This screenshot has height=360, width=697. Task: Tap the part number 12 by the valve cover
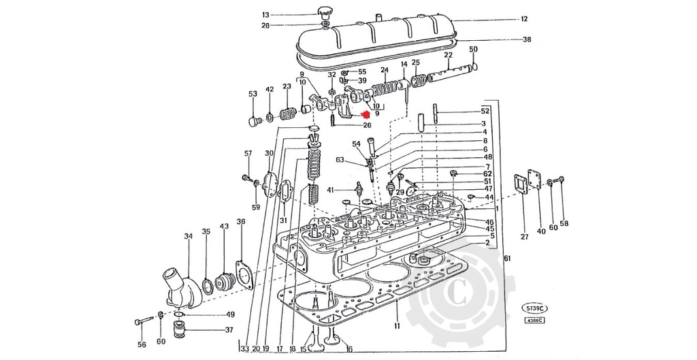524,19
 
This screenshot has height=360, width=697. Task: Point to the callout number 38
526,39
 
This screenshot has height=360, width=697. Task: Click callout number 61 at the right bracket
506,258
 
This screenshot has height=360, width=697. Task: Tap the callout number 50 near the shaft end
474,49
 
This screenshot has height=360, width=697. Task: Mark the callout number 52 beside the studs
485,111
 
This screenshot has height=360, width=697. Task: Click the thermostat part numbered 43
224,280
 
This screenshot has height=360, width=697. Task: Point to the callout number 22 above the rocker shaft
448,54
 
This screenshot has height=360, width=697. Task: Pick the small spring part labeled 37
181,331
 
